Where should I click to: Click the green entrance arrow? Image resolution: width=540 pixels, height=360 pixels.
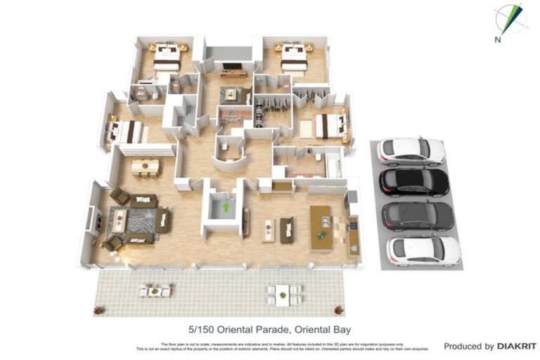[226, 207]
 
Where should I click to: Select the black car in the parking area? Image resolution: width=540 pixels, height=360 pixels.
[414, 181]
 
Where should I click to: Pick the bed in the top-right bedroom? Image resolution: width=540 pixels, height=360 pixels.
[294, 58]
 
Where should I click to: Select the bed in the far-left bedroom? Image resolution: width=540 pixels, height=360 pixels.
[127, 131]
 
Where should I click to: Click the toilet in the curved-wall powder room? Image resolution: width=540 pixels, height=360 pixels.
[223, 146]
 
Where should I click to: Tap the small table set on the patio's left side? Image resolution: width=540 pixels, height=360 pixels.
[155, 290]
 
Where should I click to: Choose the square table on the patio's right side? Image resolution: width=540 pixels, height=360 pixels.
[283, 293]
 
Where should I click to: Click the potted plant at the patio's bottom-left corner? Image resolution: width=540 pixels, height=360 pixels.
[99, 309]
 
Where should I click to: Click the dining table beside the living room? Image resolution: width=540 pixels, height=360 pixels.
[146, 167]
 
